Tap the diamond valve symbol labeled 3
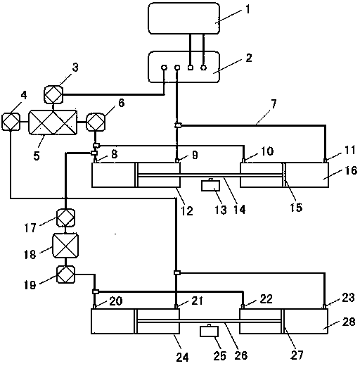coord(53,94)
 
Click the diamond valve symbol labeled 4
coord(11,122)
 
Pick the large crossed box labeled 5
coord(53,122)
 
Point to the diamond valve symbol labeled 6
coord(96,122)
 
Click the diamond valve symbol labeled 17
coord(66,217)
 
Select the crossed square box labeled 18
coord(65,246)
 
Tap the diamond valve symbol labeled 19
coord(66,274)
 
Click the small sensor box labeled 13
coord(210,185)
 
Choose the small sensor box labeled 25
coord(210,331)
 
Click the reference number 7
coord(274,103)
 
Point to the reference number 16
coord(351,170)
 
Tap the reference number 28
coord(349,322)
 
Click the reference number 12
coord(187,210)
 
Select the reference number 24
coord(182,358)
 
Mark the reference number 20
coord(116,301)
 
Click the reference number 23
coord(348,298)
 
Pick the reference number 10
coord(267,151)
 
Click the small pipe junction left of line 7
coord(178,125)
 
